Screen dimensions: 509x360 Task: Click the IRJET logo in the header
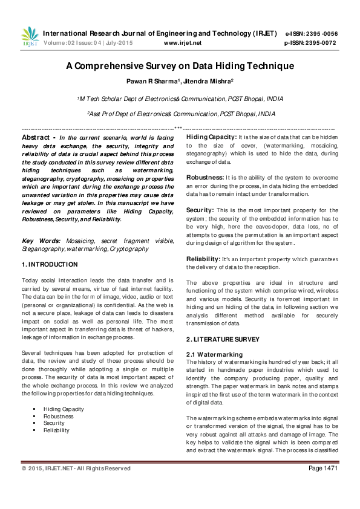tap(30, 37)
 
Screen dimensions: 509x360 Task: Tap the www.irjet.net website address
tap(183, 44)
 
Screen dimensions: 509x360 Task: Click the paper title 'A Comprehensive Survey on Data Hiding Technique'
tap(180, 66)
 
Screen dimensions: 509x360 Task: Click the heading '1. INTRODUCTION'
tap(50, 264)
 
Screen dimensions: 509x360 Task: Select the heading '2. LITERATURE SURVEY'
tap(223, 340)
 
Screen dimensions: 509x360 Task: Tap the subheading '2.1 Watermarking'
tap(214, 354)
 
